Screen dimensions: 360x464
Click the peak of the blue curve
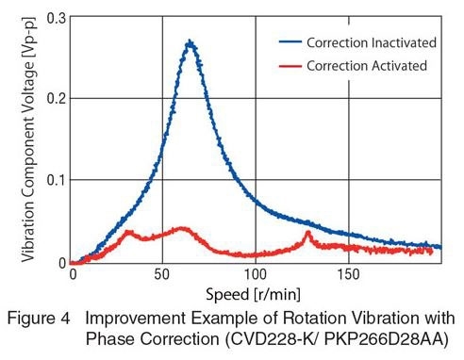pos(190,42)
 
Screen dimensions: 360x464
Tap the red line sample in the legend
pos(295,65)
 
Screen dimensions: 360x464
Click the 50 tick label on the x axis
pos(163,274)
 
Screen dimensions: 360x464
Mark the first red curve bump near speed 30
pos(127,232)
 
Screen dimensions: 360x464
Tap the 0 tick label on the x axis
pos(72,274)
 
